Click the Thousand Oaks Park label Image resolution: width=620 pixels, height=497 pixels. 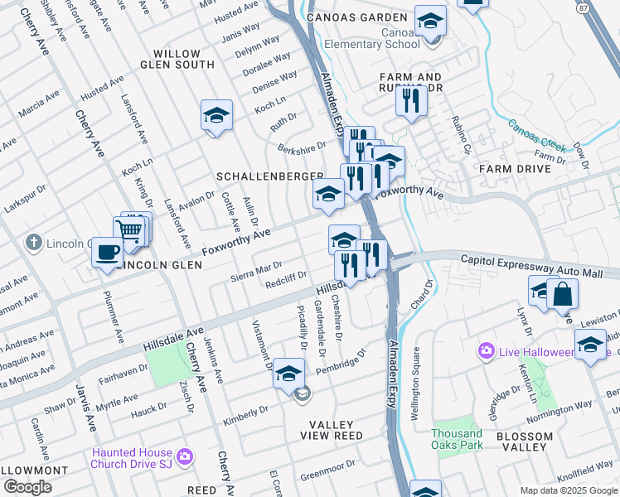tap(458, 440)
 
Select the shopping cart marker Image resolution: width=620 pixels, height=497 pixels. tap(129, 230)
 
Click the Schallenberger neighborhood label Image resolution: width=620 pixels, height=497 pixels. tap(269, 176)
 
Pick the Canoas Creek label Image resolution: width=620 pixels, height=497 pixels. tap(536, 139)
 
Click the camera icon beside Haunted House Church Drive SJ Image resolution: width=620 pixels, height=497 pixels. tap(184, 456)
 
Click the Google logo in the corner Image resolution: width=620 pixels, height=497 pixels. tap(27, 487)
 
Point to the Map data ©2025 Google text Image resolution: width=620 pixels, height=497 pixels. tap(569, 490)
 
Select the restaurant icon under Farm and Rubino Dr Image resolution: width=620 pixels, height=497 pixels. tap(411, 100)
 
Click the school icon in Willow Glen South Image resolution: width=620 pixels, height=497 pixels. tap(216, 115)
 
